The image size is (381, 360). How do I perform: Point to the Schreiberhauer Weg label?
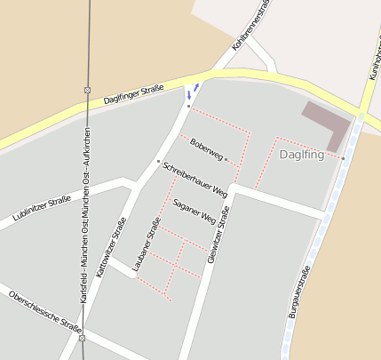pyautogui.click(x=195, y=179)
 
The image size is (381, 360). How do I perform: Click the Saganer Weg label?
pyautogui.click(x=194, y=211)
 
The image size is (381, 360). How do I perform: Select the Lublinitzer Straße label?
pyautogui.click(x=42, y=208)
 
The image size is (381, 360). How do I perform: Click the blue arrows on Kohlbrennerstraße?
pyautogui.click(x=192, y=91)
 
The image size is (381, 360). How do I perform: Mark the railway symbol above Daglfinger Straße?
pyautogui.click(x=87, y=90)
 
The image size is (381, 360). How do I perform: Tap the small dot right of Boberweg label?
pyautogui.click(x=226, y=159)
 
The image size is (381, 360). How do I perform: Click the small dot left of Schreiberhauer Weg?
pyautogui.click(x=158, y=161)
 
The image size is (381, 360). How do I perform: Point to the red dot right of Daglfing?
pyautogui.click(x=343, y=157)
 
